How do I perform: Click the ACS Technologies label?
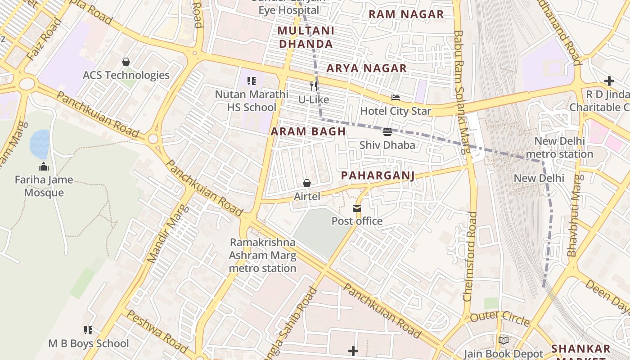point(126,75)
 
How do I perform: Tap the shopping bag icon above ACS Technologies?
point(126,62)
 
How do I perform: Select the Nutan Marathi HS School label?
point(252,101)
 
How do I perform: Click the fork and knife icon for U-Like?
point(314,86)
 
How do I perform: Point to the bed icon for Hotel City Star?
point(396,98)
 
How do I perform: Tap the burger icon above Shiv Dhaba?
point(387,132)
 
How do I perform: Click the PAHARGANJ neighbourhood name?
point(378,175)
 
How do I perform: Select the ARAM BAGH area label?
point(308,132)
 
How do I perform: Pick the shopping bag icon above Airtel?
point(307,183)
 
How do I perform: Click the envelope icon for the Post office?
point(357,208)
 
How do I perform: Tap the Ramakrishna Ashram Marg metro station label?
point(263,255)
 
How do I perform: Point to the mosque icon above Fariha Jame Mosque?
point(44,166)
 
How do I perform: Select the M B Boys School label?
point(89,343)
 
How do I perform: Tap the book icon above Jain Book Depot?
point(503,341)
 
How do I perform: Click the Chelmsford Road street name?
point(470,256)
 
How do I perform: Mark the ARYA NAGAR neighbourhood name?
point(366,68)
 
